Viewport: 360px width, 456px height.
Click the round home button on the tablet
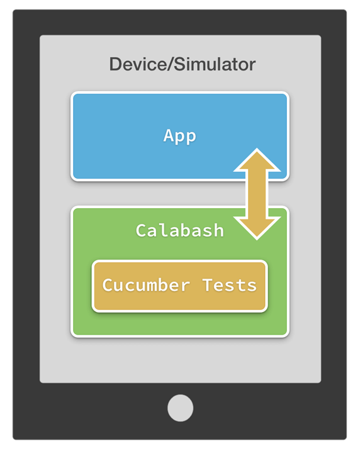[x=180, y=408]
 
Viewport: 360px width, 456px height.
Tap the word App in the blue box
[x=179, y=136]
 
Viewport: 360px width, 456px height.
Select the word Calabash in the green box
[x=179, y=230]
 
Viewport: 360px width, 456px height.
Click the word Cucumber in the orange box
[x=146, y=285]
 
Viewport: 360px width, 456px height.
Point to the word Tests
[x=230, y=285]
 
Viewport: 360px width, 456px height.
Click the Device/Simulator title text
[x=182, y=64]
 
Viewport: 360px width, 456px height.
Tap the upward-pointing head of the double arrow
[x=257, y=160]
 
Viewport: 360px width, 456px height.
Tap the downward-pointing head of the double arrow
[x=257, y=228]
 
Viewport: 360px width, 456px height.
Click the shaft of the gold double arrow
[x=257, y=194]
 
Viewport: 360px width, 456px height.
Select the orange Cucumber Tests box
[x=179, y=286]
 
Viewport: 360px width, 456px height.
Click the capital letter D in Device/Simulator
[x=115, y=64]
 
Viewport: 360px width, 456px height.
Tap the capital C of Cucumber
[x=108, y=285]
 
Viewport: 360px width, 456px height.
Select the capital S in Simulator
[x=180, y=64]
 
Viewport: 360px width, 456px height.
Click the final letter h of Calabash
[x=218, y=230]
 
